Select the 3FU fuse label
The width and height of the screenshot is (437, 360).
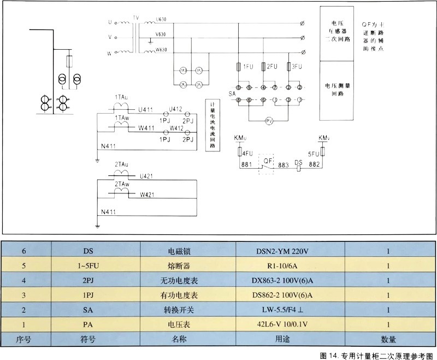click(x=297, y=67)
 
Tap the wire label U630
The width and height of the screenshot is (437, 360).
click(x=161, y=19)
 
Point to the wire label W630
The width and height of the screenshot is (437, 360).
click(x=161, y=50)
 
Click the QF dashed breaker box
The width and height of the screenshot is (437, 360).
click(x=268, y=164)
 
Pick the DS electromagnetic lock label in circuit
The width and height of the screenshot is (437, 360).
click(x=298, y=162)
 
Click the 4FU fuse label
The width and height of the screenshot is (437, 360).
click(x=247, y=154)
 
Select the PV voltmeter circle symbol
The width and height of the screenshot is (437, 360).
click(x=268, y=120)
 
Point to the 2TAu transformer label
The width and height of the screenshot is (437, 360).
click(x=122, y=164)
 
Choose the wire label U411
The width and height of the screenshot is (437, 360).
click(x=146, y=110)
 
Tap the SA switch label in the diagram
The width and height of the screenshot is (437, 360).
click(x=232, y=94)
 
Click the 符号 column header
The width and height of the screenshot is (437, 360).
click(x=87, y=339)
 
